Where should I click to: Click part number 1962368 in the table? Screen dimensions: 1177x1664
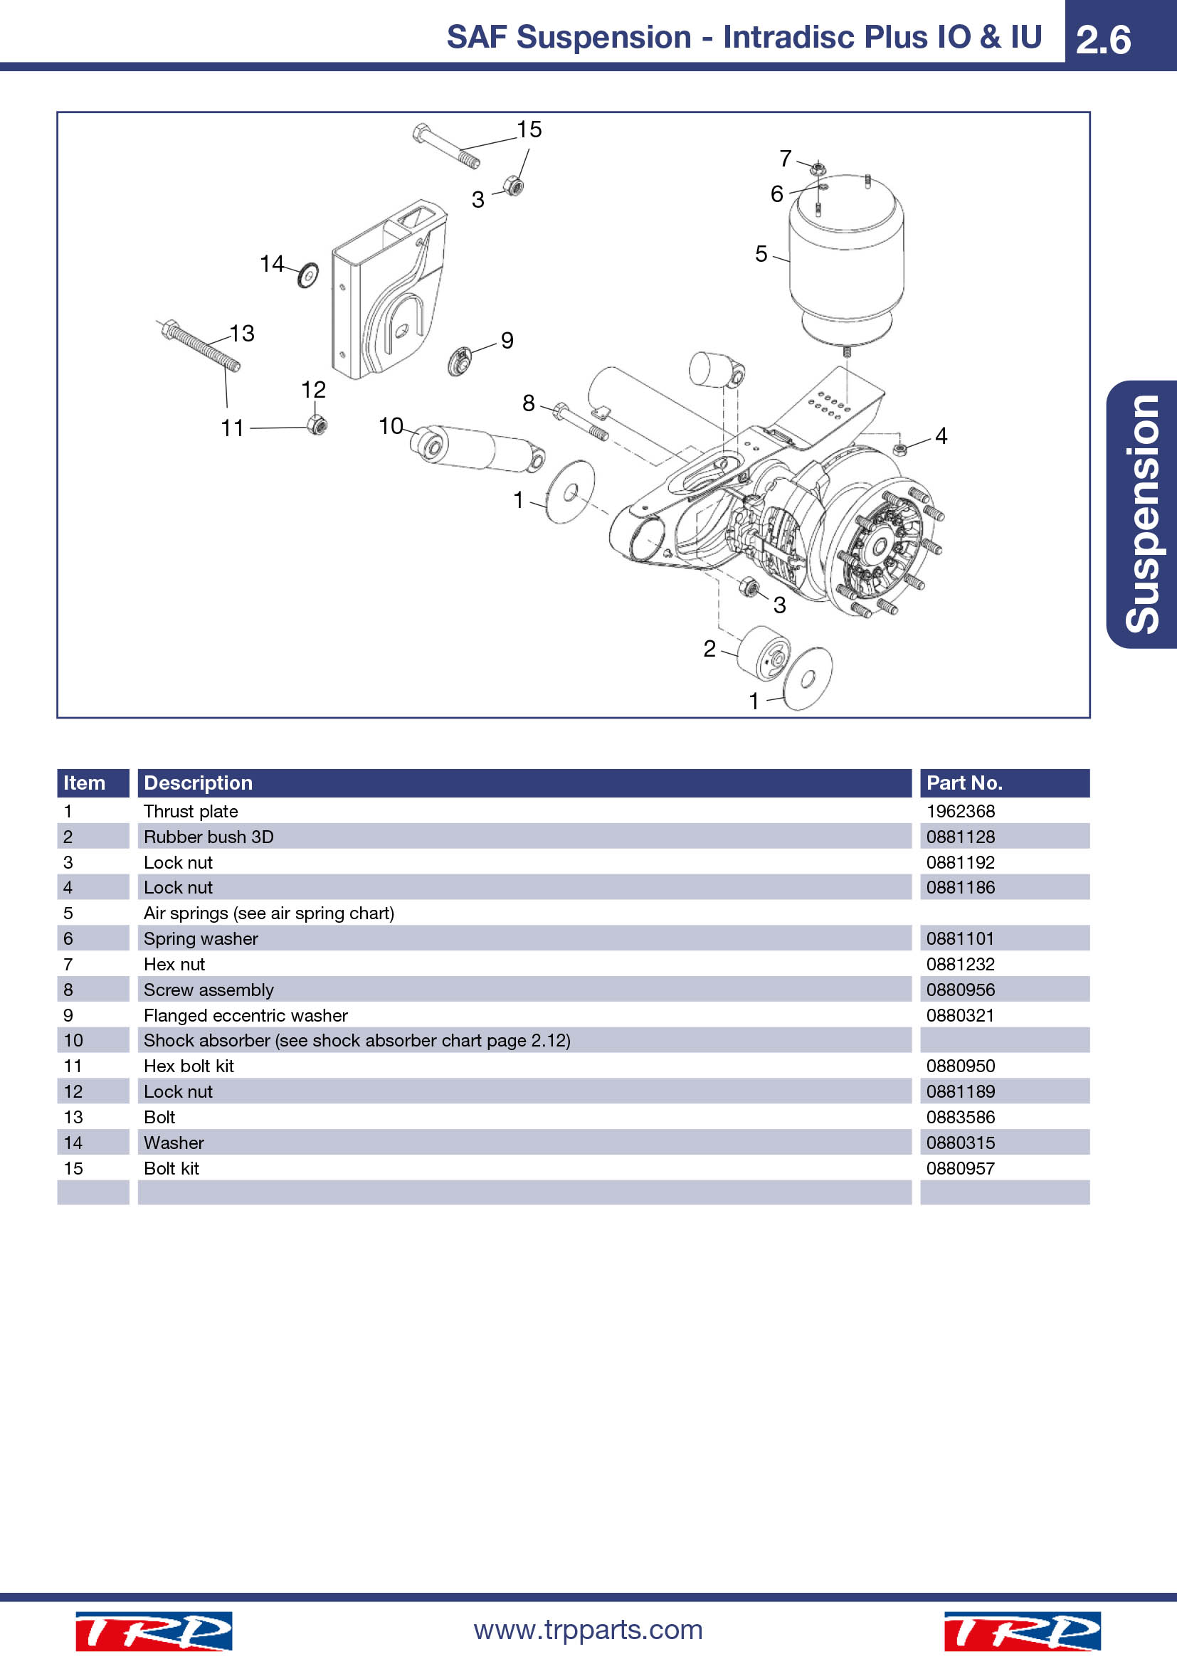[960, 811]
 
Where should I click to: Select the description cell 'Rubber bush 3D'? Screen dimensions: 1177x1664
[209, 837]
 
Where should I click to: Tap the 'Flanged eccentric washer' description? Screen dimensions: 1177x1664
[246, 1015]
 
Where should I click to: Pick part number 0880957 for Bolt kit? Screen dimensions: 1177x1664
[960, 1168]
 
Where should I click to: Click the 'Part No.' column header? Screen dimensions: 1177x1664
[965, 783]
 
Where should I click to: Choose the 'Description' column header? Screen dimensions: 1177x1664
[198, 783]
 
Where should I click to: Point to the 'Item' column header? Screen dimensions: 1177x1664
[84, 783]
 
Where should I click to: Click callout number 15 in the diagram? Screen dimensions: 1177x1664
[529, 129]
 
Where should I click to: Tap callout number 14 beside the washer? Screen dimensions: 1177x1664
[272, 263]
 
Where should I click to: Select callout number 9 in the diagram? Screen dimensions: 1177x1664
[507, 340]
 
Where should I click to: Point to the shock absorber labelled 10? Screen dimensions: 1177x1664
[477, 447]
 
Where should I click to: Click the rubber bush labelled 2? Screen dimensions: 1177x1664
[764, 653]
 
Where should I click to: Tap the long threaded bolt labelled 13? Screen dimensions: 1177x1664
[199, 346]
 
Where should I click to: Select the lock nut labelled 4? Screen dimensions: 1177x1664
[900, 450]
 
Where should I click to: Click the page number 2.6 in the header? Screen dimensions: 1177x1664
[1103, 39]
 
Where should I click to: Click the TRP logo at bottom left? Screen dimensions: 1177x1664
[154, 1631]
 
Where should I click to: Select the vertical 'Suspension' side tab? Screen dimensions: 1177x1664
[1142, 514]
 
